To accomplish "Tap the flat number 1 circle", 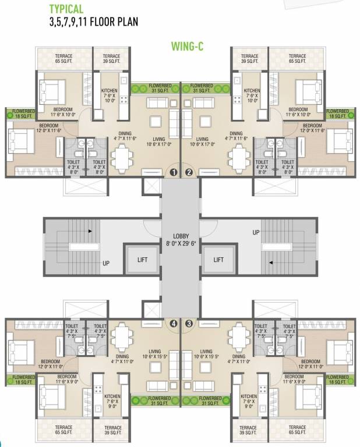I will click(173, 172).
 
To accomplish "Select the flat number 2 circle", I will click(189, 172).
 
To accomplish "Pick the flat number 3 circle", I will click(189, 323).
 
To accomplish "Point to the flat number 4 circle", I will click(173, 323).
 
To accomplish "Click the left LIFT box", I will click(142, 260).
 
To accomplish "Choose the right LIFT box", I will click(219, 260).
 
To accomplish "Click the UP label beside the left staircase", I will click(106, 263).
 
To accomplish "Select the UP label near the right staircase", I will click(256, 232).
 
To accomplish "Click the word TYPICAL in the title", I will click(66, 9).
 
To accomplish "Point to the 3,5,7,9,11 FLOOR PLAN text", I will click(93, 23).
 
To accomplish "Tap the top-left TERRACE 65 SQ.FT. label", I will click(64, 58).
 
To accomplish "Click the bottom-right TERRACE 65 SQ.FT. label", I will click(297, 431).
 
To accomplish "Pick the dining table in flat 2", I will click(239, 157).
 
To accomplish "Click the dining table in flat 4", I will click(122, 336).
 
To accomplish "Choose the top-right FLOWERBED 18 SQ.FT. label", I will click(337, 113).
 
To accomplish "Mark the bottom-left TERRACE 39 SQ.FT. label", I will click(113, 431).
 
